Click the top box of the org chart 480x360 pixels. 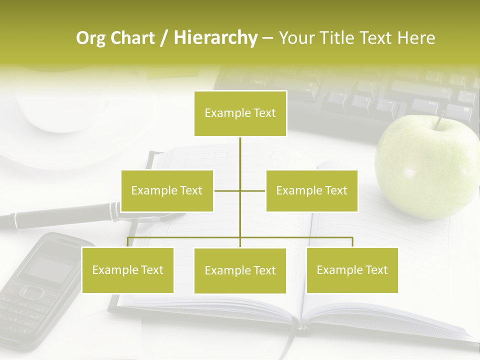click(240, 113)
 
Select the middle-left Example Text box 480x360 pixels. click(167, 190)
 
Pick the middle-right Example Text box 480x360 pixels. click(311, 190)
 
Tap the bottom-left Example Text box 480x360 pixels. click(127, 270)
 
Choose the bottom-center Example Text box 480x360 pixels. click(240, 270)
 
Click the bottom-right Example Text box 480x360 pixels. click(352, 270)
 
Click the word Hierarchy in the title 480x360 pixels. click(215, 37)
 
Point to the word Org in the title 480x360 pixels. click(90, 37)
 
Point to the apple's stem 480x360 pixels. click(440, 120)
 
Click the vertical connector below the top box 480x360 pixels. click(240, 160)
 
